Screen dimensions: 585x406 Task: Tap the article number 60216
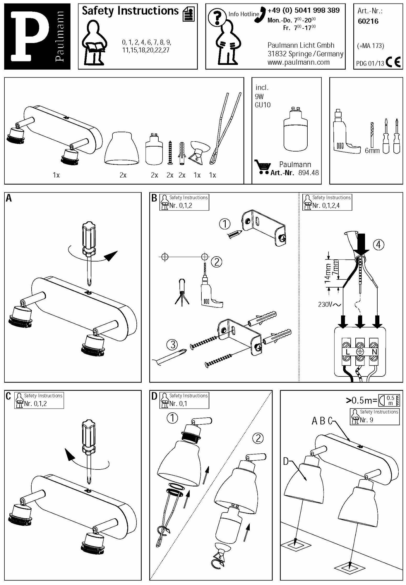[x=368, y=21]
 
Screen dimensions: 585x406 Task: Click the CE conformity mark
[x=393, y=62]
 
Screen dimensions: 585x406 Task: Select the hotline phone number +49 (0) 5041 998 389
[x=304, y=11]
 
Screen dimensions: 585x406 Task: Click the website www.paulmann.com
[x=298, y=62]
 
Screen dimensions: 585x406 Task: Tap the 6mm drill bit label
[x=372, y=151]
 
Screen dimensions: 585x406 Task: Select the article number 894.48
[x=308, y=173]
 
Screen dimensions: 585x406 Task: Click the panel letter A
[x=9, y=198]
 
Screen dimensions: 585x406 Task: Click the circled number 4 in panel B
[x=378, y=244]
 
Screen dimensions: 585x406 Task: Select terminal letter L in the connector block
[x=347, y=352]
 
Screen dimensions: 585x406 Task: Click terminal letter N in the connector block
[x=374, y=352]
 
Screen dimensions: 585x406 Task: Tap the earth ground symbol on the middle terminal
[x=360, y=352]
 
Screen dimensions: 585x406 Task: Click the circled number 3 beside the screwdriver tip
[x=172, y=345]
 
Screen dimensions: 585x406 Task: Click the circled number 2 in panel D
[x=258, y=438]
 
